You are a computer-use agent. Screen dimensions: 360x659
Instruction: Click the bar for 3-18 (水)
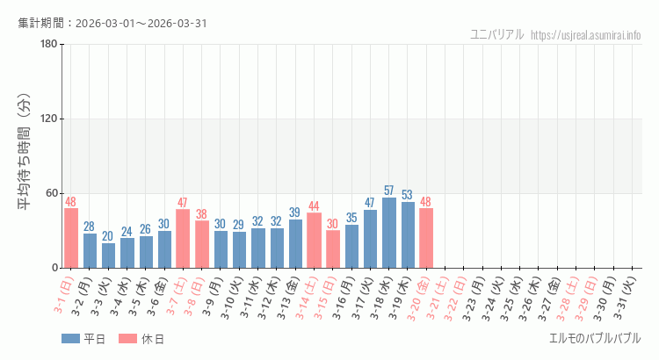pos(388,233)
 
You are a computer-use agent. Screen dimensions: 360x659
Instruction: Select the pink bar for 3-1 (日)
pos(71,238)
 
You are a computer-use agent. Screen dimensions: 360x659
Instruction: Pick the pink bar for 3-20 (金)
pos(426,238)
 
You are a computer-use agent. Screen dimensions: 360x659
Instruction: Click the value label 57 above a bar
pos(388,191)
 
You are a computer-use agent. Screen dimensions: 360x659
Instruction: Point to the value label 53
pos(407,195)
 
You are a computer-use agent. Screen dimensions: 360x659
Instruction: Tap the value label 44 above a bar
pos(314,206)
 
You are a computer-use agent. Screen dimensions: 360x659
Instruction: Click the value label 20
pos(108,236)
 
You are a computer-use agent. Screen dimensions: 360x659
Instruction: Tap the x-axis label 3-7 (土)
pos(183,295)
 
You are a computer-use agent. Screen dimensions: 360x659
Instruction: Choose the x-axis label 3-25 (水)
pos(519,295)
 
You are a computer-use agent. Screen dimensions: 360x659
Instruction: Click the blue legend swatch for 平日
pos(70,339)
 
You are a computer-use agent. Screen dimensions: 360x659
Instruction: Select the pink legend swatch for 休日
pos(127,339)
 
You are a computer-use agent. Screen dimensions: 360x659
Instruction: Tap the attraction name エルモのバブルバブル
pos(595,338)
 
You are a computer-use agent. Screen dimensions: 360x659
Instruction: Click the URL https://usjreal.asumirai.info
pos(586,35)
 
